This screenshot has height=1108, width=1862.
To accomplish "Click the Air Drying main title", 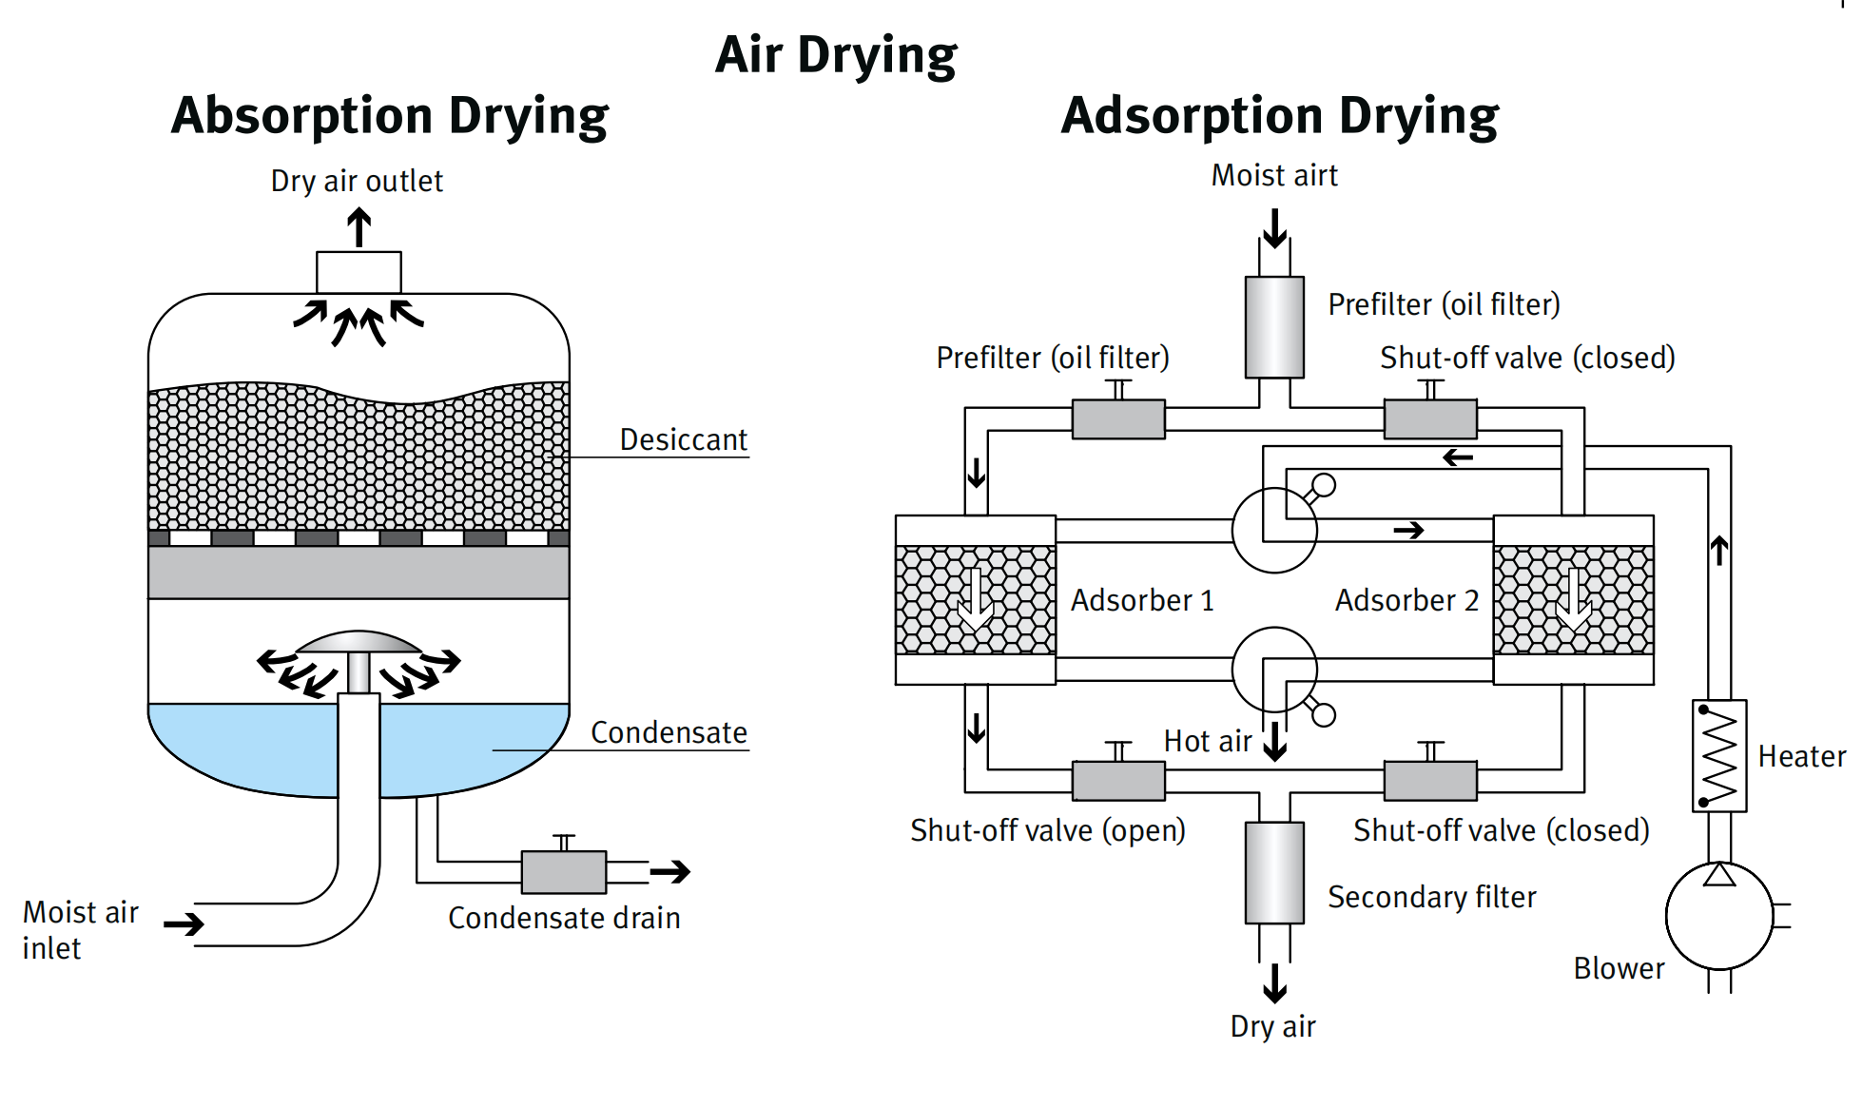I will click(836, 55).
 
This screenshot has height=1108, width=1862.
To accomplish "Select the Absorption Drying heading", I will click(390, 117).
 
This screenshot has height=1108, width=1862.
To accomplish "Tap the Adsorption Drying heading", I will click(1279, 117).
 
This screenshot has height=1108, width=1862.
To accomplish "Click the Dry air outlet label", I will click(357, 181).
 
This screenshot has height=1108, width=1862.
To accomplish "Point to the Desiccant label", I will click(683, 439).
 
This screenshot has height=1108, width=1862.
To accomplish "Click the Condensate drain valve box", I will click(564, 871).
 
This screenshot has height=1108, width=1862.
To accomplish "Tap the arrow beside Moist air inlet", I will click(184, 923).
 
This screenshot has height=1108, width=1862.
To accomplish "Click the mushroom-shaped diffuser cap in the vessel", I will click(359, 643).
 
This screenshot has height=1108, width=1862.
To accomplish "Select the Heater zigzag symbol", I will click(1719, 756).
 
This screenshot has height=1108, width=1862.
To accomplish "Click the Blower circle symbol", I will click(1719, 915).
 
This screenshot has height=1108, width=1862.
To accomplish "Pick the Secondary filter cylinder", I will click(1274, 872).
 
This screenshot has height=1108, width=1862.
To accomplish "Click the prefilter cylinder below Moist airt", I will click(1274, 327).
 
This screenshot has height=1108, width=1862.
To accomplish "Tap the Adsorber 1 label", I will click(1142, 600).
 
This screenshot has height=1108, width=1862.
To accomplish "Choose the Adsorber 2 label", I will click(1406, 600).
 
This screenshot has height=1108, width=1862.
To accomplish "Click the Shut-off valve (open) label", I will click(1047, 830).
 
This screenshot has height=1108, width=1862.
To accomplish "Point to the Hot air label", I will click(1208, 741).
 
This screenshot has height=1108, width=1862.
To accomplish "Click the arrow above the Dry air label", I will click(1275, 983).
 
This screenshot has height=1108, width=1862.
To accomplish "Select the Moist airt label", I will click(1274, 175).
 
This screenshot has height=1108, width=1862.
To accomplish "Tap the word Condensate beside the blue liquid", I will click(669, 732).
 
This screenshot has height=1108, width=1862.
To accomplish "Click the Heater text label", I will click(1801, 756).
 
